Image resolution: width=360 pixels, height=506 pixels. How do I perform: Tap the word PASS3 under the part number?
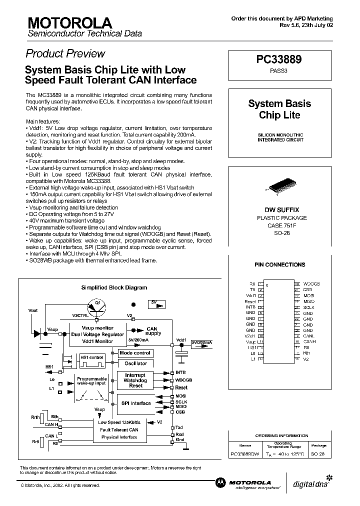[x=279, y=71]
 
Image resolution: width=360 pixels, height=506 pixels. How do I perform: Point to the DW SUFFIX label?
[x=279, y=210]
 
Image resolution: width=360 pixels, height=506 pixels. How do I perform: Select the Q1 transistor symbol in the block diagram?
[x=98, y=306]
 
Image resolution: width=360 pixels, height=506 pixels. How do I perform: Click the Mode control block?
[x=135, y=353]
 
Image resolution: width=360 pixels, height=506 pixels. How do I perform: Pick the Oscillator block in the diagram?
[x=135, y=363]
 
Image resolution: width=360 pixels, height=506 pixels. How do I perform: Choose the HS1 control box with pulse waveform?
[x=91, y=359]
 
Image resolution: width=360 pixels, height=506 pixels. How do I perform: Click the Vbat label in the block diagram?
[x=32, y=310]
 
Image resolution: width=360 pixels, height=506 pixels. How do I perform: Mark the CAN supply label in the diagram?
[x=153, y=331]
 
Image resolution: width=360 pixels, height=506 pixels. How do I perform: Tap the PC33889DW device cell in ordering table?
[x=244, y=454]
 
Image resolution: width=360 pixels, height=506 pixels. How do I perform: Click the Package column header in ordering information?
[x=318, y=445]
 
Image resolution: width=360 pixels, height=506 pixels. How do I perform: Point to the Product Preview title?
[x=65, y=53]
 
